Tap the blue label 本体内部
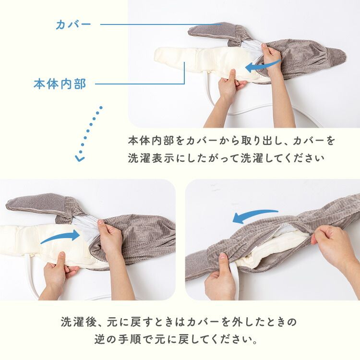pyautogui.click(x=60, y=84)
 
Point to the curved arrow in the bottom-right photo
pyautogui.click(x=254, y=216)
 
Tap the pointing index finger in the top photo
pyautogui.click(x=232, y=77)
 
